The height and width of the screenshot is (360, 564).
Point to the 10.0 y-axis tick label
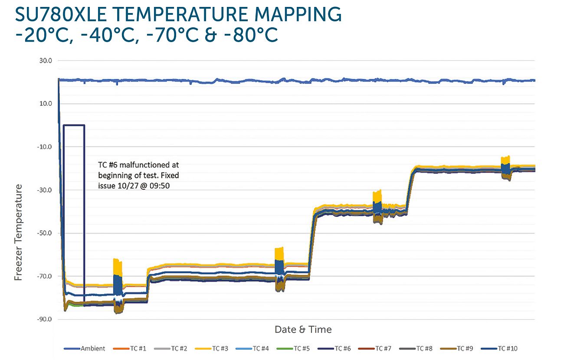click(x=46, y=104)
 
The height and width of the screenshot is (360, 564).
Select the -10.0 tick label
click(x=45, y=147)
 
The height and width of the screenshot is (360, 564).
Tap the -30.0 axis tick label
click(x=45, y=190)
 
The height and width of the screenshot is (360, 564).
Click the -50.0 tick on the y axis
click(x=45, y=233)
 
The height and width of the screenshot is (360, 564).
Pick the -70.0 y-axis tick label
click(x=45, y=276)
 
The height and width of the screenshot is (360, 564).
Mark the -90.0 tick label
click(x=45, y=319)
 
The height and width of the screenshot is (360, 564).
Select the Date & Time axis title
click(x=303, y=330)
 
